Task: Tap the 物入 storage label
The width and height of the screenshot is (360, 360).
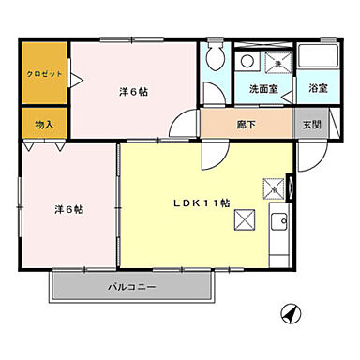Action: click(x=43, y=123)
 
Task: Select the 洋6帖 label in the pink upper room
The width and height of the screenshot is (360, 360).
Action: click(x=134, y=91)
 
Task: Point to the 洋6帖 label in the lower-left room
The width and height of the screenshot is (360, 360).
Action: click(x=68, y=209)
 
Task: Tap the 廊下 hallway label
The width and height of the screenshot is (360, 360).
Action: click(x=246, y=123)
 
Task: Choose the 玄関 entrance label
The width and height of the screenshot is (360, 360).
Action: click(x=309, y=123)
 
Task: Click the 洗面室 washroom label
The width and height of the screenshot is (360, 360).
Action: click(x=263, y=89)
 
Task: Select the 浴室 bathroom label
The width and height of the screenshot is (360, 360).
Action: click(x=318, y=88)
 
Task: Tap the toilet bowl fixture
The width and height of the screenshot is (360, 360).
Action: click(x=215, y=55)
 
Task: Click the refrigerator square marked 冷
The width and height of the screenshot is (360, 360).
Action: click(x=277, y=187)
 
